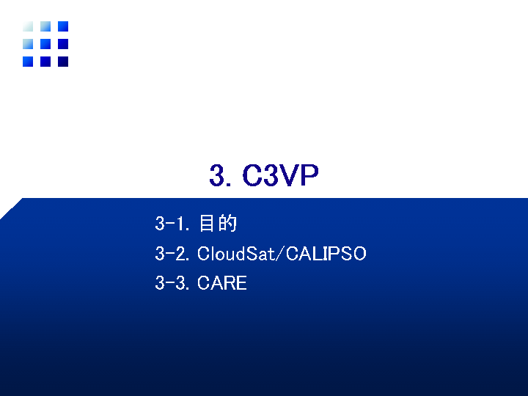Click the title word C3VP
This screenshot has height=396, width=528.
[x=280, y=175]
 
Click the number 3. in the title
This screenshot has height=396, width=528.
[x=220, y=175]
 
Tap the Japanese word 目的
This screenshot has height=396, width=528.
[x=219, y=223]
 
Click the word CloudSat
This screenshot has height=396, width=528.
[x=235, y=253]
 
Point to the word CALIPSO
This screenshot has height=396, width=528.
[x=326, y=254]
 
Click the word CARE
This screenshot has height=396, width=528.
[x=222, y=283]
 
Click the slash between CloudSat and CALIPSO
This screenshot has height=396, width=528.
[x=280, y=254]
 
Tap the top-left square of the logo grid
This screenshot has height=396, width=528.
[x=28, y=26]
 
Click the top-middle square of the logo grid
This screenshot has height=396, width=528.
[x=45, y=26]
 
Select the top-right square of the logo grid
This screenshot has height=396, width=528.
[x=63, y=26]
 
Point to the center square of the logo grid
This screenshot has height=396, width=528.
[x=45, y=44]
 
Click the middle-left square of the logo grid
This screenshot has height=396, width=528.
[x=28, y=44]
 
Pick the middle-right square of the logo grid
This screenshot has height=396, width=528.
[x=63, y=44]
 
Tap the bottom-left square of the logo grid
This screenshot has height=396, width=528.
[x=28, y=62]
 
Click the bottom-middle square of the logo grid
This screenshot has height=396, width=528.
[x=45, y=62]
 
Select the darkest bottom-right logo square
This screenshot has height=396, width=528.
[x=63, y=62]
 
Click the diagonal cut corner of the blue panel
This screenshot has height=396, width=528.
[x=11, y=209]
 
